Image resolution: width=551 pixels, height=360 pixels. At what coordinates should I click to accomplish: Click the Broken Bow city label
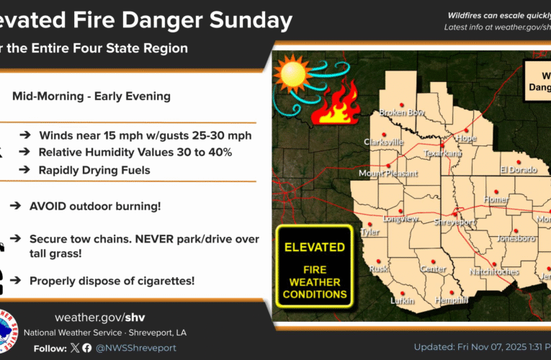coord(401,113)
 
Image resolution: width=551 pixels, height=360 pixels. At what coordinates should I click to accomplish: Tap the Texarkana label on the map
coord(442,153)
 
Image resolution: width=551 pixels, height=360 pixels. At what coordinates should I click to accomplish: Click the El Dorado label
coord(519,170)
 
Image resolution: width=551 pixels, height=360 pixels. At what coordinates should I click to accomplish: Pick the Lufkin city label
coord(403,300)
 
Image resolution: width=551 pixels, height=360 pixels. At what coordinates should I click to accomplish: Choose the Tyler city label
coord(369,232)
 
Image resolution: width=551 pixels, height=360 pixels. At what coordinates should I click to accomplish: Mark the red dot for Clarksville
coord(384,135)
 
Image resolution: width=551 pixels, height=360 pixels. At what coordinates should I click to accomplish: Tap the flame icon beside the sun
coord(336,103)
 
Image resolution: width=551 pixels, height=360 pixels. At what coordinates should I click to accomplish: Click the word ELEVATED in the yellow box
coord(314,247)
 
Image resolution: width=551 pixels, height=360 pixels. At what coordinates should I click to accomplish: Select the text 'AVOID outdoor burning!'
coord(95,206)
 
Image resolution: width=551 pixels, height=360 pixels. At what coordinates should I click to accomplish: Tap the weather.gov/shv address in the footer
coord(101,318)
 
